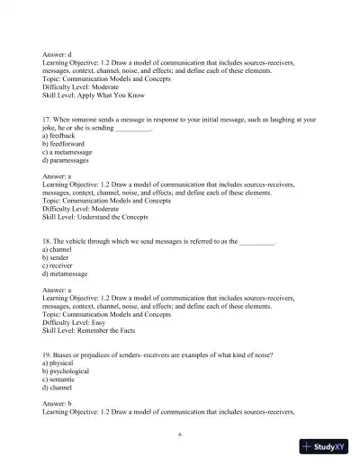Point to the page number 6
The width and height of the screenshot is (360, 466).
click(x=181, y=433)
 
